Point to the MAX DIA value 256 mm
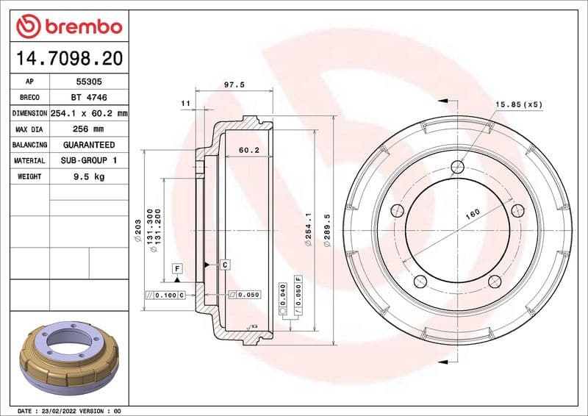86,129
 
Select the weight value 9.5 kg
86,176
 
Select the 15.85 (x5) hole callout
518,104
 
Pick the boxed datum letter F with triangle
177,269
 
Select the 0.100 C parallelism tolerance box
166,295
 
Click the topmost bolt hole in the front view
456,165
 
